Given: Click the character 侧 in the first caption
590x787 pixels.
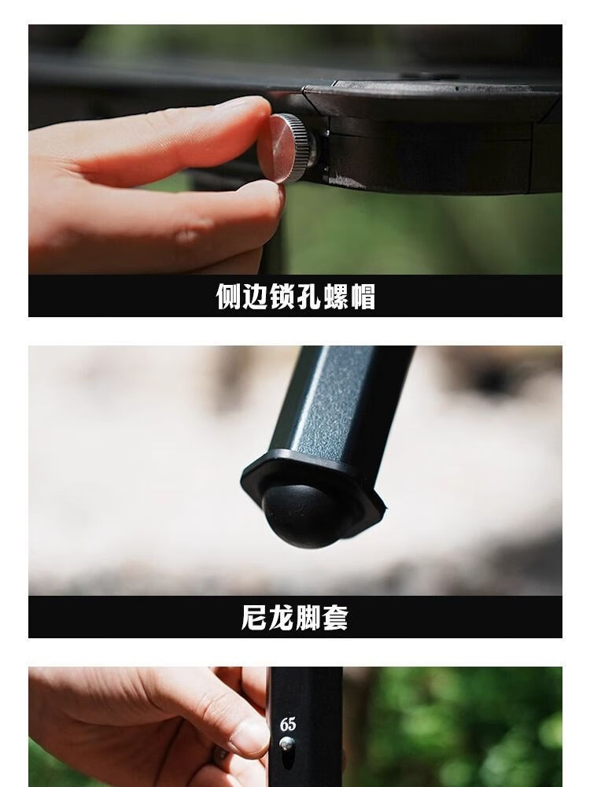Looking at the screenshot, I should (x=229, y=297).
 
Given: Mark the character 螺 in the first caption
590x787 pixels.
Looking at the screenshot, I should (x=336, y=297).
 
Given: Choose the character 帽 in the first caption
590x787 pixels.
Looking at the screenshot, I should (x=363, y=297).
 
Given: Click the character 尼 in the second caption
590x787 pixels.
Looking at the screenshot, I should (x=254, y=618).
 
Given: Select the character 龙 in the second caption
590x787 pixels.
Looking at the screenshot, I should (x=281, y=618).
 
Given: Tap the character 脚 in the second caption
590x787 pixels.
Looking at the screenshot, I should (x=308, y=618).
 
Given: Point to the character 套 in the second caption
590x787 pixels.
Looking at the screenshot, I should (x=336, y=618).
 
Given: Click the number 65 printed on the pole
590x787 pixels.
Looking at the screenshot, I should (x=288, y=725).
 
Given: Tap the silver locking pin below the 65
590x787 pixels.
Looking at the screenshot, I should (x=288, y=744).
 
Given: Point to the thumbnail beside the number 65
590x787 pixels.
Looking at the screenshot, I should (x=251, y=736).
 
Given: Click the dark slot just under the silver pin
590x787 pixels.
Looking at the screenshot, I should (x=288, y=760).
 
